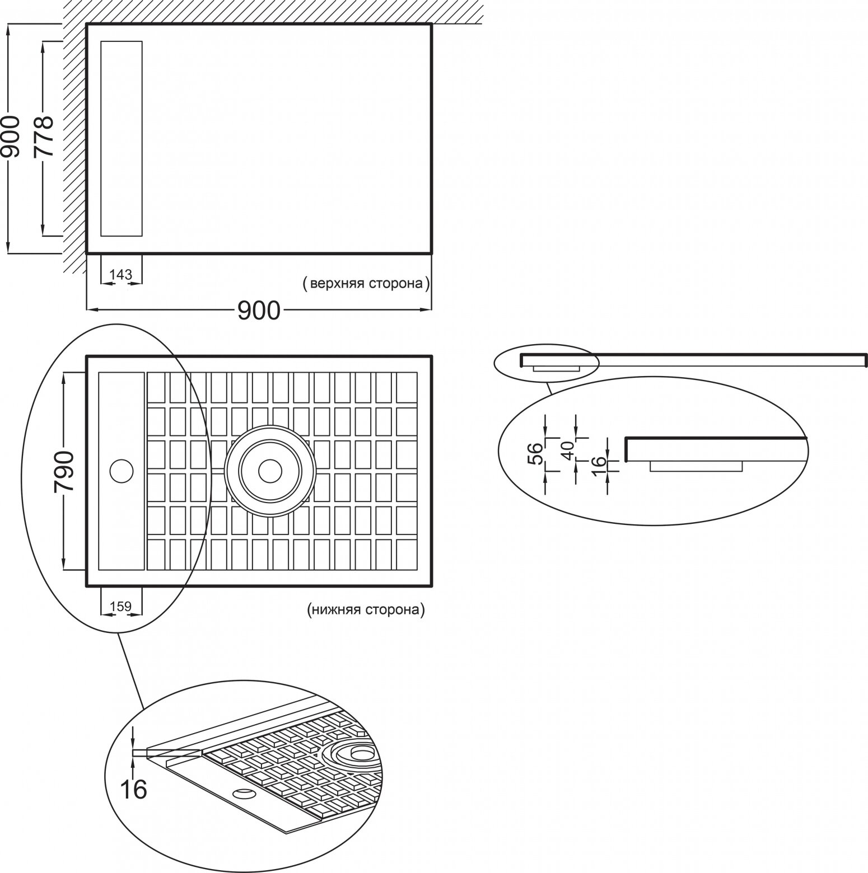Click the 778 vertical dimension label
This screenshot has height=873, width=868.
pyautogui.click(x=43, y=137)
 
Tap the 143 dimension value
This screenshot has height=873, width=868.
pyautogui.click(x=121, y=274)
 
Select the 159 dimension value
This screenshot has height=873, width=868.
pyautogui.click(x=120, y=606)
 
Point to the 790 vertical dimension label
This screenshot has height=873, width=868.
pyautogui.click(x=64, y=471)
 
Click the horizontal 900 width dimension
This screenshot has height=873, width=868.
pyautogui.click(x=258, y=310)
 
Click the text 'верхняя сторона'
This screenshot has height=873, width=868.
pyautogui.click(x=366, y=284)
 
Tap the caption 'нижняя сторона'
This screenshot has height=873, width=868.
pyautogui.click(x=366, y=609)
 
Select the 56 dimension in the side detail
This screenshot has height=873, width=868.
pyautogui.click(x=535, y=454)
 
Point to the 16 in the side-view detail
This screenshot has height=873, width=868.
pyautogui.click(x=599, y=462)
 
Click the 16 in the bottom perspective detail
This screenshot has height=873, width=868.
pyautogui.click(x=134, y=789)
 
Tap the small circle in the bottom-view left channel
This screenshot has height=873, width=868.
pyautogui.click(x=121, y=471)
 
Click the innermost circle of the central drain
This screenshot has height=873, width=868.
pyautogui.click(x=270, y=471)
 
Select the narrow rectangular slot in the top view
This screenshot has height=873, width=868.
pyautogui.click(x=121, y=138)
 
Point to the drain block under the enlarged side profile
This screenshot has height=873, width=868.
pyautogui.click(x=696, y=466)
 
